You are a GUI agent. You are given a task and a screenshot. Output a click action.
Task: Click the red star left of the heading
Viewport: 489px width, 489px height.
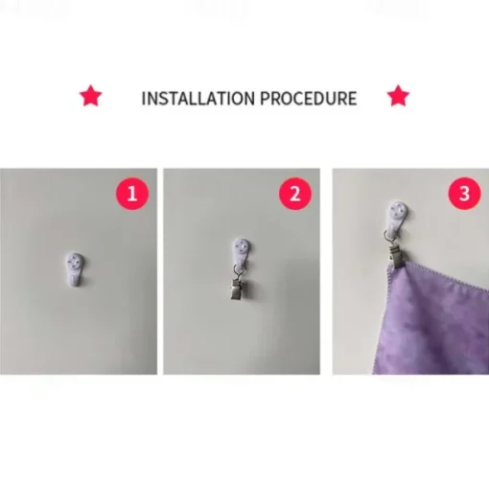point(91,96)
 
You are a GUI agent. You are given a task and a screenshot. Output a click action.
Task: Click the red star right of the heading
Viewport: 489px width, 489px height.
point(398,96)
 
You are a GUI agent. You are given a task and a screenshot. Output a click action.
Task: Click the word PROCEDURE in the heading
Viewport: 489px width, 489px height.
point(309,98)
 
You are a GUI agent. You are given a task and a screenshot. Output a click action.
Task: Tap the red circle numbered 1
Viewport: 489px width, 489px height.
point(132,194)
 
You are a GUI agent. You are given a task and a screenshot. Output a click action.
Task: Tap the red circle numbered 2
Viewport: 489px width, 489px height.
point(295,194)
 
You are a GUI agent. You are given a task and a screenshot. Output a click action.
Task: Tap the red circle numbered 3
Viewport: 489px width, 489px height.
point(464,194)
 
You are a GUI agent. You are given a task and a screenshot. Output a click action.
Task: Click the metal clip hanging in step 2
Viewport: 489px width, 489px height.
point(237,290)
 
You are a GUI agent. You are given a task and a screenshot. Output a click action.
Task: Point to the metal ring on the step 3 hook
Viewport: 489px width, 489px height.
point(387,237)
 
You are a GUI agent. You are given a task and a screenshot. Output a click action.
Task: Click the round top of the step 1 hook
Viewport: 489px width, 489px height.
point(75,262)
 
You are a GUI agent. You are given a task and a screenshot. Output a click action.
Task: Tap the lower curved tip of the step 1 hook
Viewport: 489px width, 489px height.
point(75,283)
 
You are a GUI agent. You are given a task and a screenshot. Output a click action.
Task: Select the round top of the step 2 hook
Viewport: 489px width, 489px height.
point(241,246)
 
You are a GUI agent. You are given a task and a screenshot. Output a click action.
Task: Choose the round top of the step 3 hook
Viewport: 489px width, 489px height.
point(399,209)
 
